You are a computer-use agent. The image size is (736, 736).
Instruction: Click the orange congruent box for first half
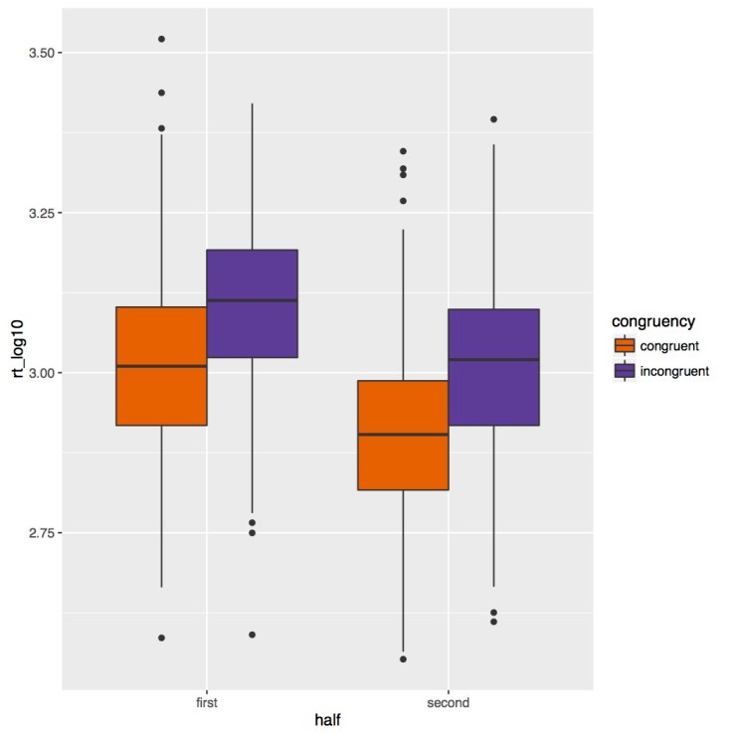(x=161, y=366)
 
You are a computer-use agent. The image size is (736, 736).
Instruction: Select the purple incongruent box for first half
(x=252, y=303)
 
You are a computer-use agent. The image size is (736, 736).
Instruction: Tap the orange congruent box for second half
(x=403, y=436)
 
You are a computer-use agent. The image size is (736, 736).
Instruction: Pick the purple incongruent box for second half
(x=493, y=367)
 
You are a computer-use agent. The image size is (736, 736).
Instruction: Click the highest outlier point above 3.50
(x=161, y=39)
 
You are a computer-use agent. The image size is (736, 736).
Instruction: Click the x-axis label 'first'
(x=206, y=703)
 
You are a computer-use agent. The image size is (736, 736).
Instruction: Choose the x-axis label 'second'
(x=448, y=703)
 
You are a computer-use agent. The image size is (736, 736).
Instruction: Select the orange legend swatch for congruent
(x=625, y=346)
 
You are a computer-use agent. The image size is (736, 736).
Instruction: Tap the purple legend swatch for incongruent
(x=625, y=371)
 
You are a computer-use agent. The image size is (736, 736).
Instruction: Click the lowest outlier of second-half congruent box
(x=403, y=658)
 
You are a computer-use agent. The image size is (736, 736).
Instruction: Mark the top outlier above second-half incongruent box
(x=493, y=119)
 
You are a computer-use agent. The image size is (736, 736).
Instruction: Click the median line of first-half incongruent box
(x=252, y=300)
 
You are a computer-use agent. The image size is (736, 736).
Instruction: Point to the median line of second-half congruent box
(x=403, y=435)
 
